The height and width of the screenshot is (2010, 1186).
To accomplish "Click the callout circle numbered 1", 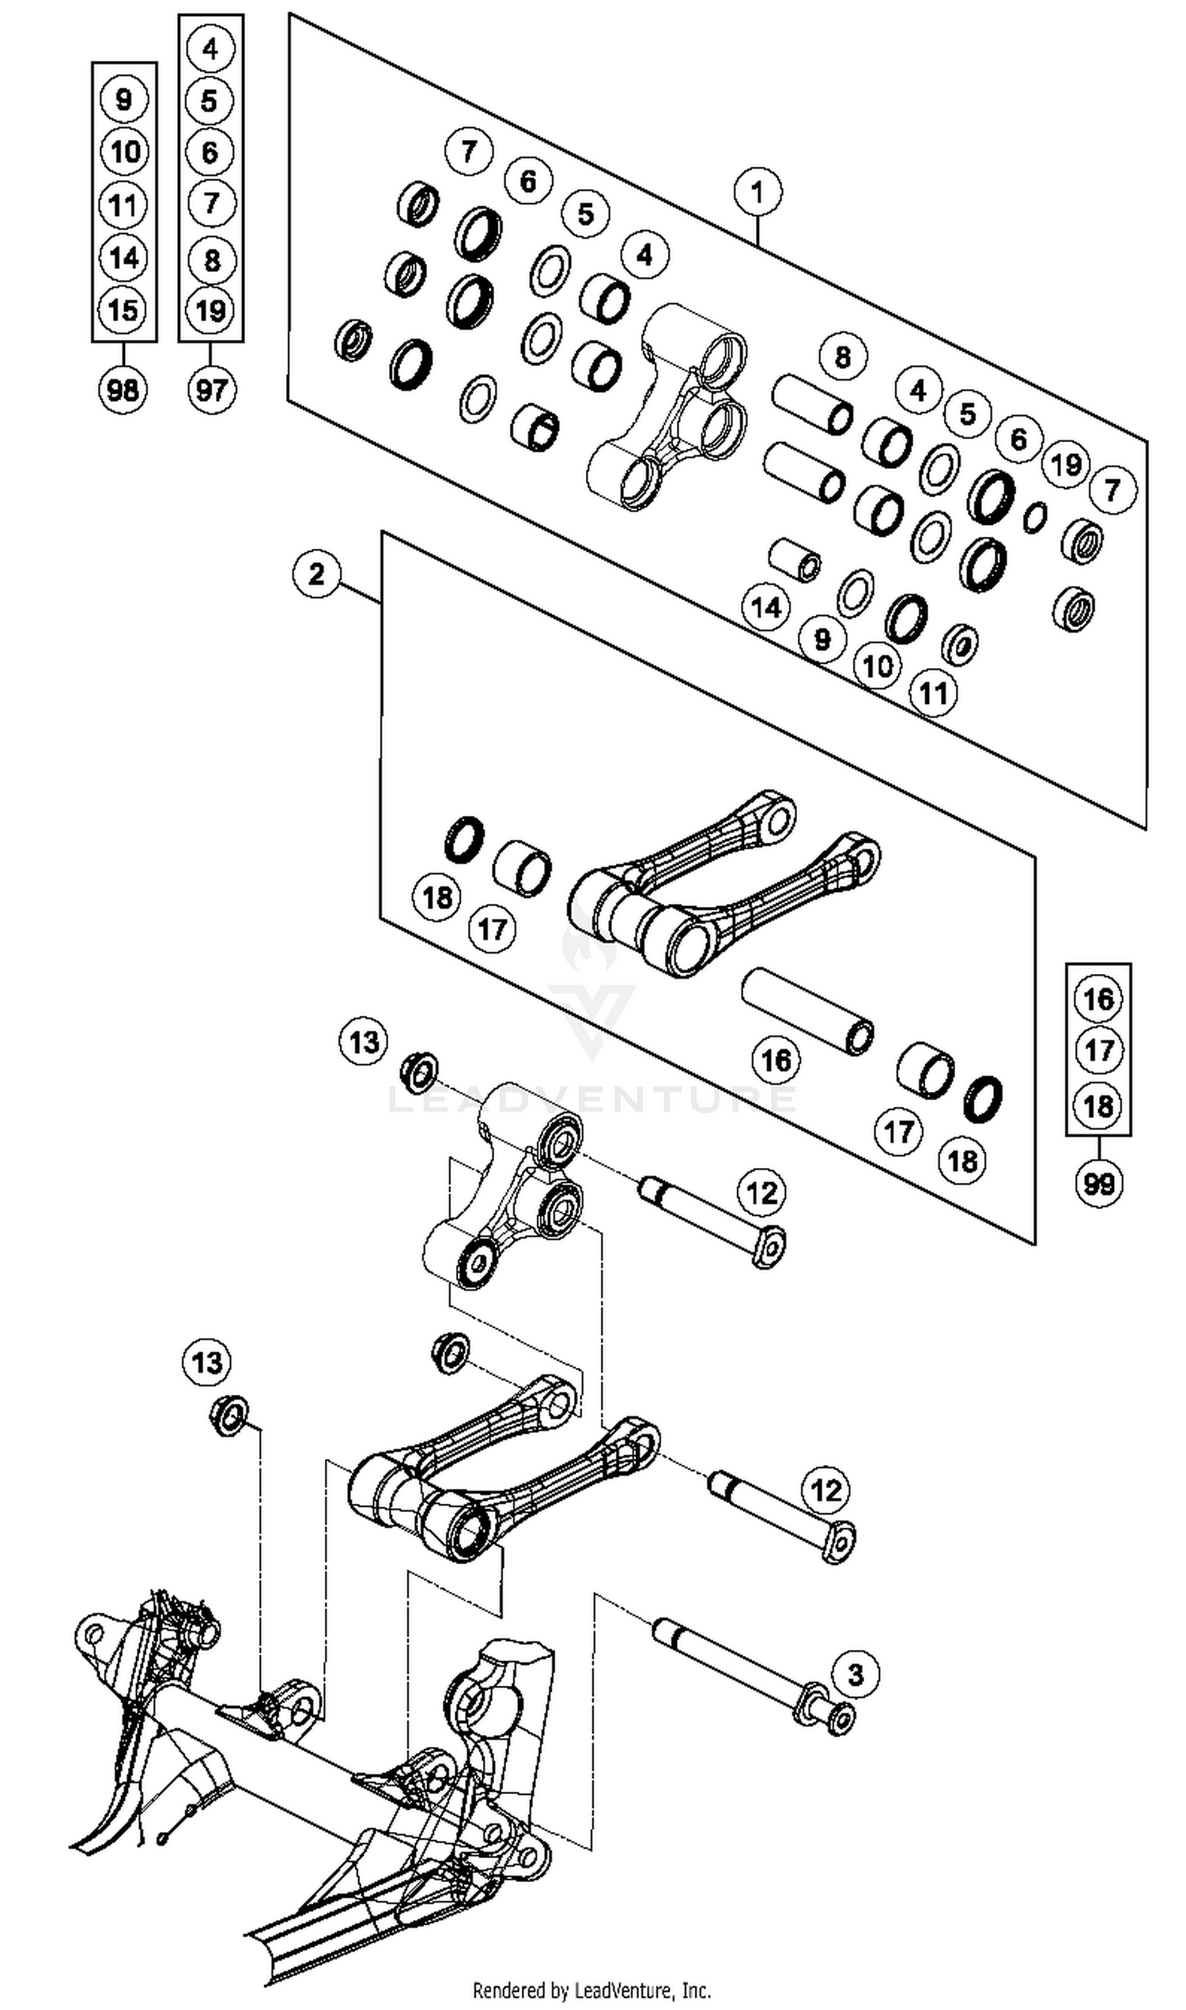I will point(757,192).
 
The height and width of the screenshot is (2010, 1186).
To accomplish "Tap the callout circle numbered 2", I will point(316,574).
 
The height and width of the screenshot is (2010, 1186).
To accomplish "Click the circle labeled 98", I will point(123,391).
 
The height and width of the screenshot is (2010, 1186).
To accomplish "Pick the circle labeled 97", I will point(211,391).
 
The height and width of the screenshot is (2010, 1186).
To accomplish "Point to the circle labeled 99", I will point(1098,1183).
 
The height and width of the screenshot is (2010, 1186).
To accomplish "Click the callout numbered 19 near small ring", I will point(1065,464).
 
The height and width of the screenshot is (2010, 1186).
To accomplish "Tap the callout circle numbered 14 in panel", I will point(765,607).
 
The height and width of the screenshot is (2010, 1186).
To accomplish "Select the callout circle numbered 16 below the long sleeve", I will point(776,1060).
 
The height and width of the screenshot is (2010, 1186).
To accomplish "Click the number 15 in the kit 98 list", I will point(123,309).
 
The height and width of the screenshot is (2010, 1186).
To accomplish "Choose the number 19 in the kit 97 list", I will point(211,309).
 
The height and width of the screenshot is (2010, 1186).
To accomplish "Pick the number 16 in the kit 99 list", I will point(1098,998).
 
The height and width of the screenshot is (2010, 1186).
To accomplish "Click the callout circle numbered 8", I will point(842,357).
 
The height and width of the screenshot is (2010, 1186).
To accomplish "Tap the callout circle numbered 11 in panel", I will point(934,693).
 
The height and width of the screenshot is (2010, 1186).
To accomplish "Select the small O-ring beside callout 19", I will point(1035,516).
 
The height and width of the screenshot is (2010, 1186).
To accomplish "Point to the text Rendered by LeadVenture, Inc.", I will point(592,1989).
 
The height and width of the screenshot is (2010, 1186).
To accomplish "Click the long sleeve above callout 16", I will point(807,1011).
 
